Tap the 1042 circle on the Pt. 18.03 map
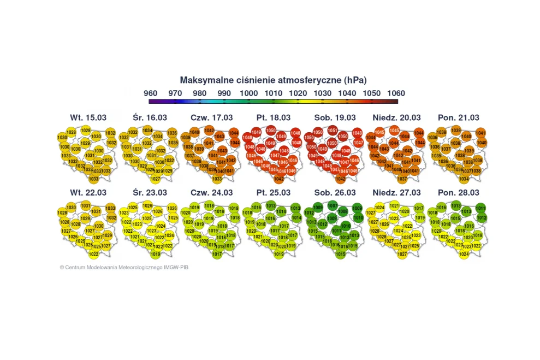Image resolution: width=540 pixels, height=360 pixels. pyautogui.click(x=279, y=179)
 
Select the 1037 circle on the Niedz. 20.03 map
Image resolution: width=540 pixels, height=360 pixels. pyautogui.click(x=402, y=179)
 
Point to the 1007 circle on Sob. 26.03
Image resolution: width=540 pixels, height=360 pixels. pyautogui.click(x=333, y=205)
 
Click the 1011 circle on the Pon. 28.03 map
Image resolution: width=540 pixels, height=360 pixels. pyautogui.click(x=481, y=208)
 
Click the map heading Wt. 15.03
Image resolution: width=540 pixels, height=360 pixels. pyautogui.click(x=88, y=117)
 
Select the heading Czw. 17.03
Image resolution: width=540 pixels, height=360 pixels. pyautogui.click(x=210, y=117)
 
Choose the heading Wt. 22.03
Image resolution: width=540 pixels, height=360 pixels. pyautogui.click(x=88, y=193)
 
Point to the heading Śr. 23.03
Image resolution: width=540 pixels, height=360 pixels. pyautogui.click(x=150, y=193)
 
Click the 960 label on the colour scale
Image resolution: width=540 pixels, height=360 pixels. pyautogui.click(x=151, y=93)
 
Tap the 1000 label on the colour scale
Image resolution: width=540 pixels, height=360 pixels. pyautogui.click(x=249, y=93)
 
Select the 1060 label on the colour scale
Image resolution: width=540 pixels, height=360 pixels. pyautogui.click(x=396, y=93)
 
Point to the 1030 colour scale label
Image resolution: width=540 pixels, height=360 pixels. pyautogui.click(x=323, y=93)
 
